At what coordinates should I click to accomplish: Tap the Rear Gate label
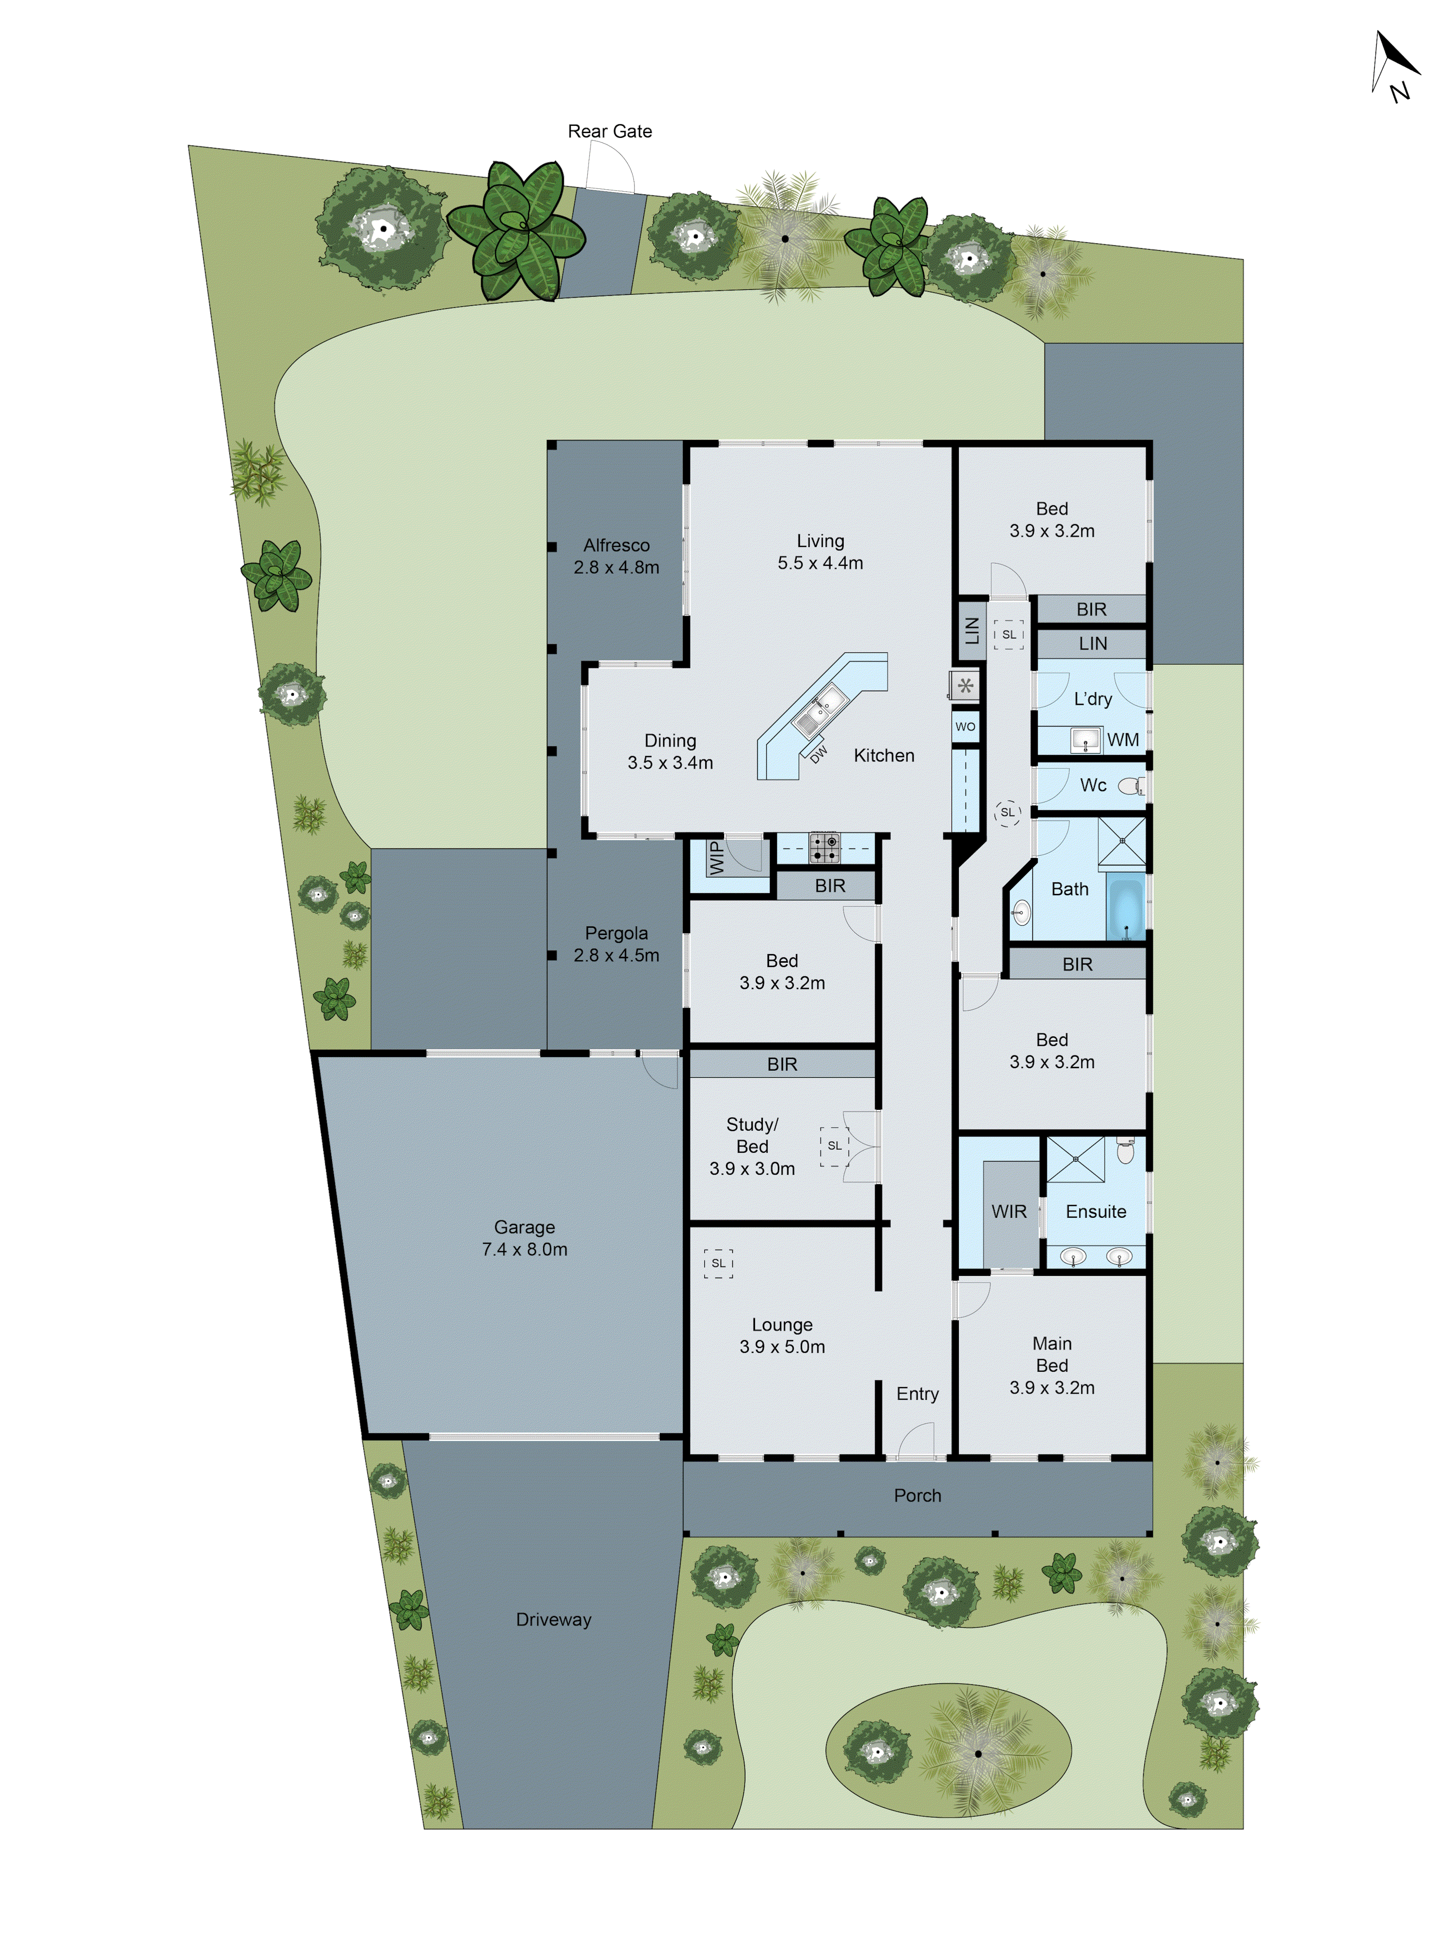pos(609,131)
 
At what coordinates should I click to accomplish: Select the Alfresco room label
pos(616,545)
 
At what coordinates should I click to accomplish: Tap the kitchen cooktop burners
pos(824,847)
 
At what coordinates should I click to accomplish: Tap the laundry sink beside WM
pos(1085,740)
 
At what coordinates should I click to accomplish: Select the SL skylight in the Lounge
pos(718,1263)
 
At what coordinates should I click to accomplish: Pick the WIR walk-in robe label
pos(1008,1211)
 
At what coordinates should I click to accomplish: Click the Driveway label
pos(553,1619)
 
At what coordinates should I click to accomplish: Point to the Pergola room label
pos(616,933)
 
